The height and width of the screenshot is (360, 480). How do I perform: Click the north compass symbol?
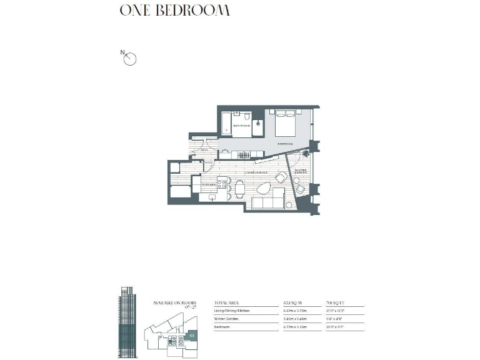coord(131,59)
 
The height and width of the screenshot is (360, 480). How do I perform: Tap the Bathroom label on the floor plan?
coord(241,126)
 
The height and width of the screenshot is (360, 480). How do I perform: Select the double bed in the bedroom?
coord(286,124)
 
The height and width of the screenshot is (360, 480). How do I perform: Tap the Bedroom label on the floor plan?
coord(286,143)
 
